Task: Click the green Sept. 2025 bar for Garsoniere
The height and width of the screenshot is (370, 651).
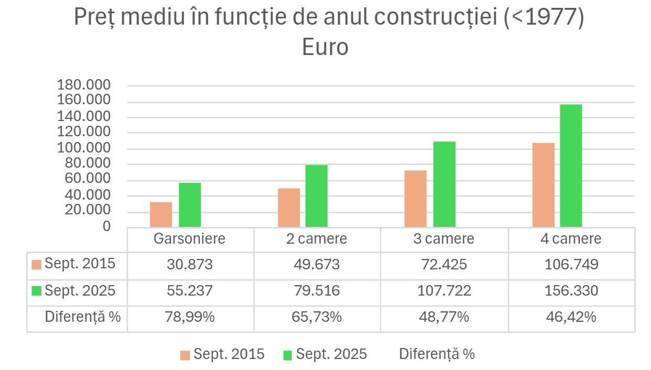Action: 190,205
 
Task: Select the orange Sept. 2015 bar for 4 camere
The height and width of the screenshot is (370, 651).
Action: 543,185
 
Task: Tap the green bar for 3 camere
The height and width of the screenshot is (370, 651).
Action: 444,184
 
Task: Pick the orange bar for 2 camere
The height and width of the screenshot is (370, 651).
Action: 289,208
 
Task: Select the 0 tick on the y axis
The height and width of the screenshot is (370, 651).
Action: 107,226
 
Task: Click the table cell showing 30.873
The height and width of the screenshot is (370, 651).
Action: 190,265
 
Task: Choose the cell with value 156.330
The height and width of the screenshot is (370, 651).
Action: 571,291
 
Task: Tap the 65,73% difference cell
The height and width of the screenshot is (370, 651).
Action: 317,317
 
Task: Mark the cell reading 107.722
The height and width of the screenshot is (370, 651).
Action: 444,291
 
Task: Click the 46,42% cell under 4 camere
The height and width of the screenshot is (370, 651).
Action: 571,317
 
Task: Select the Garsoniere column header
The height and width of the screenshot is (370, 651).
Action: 189,239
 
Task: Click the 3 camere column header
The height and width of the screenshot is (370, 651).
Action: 443,239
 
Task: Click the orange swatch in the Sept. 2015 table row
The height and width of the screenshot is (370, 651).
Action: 36,264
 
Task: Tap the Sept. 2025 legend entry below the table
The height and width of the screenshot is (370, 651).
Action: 325,354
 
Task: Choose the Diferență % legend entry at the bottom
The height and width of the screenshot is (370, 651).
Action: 437,354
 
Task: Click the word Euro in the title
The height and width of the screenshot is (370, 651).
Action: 325,47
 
